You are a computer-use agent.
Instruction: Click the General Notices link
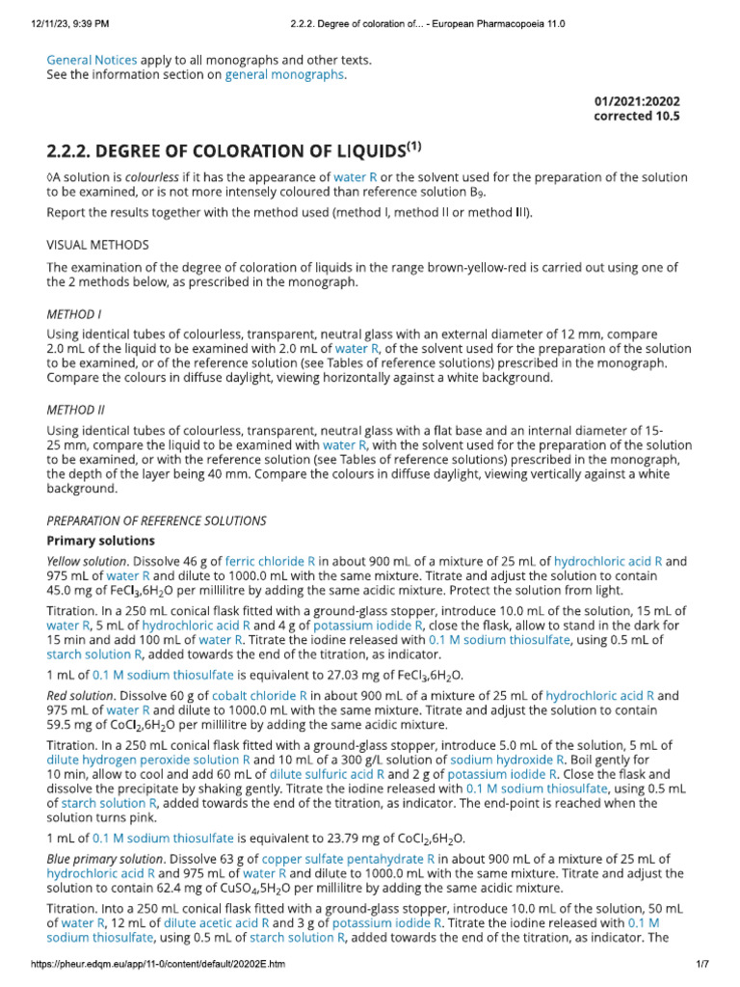[x=92, y=60]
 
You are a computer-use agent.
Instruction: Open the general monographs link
[x=284, y=75]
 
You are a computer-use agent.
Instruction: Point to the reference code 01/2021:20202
[x=638, y=101]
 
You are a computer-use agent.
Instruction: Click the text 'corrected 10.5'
[x=637, y=117]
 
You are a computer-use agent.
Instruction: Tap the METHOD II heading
[x=76, y=410]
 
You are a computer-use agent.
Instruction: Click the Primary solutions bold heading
[x=100, y=540]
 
